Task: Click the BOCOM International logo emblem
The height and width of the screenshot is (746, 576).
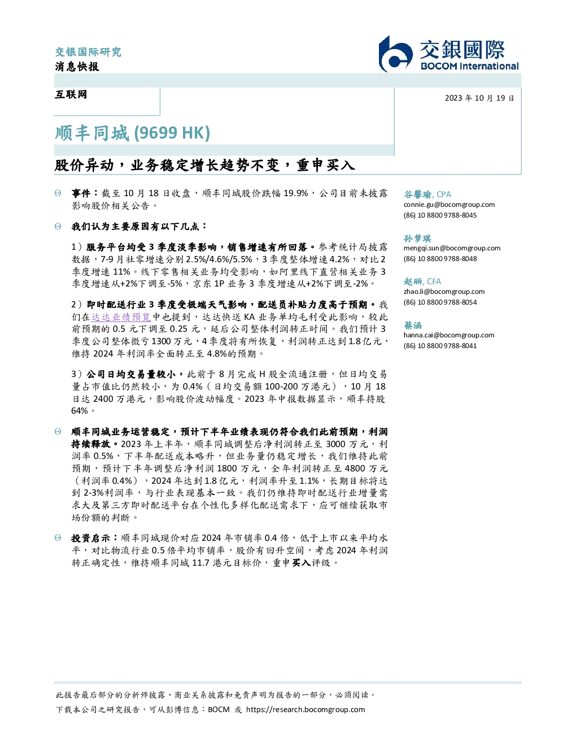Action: click(x=396, y=54)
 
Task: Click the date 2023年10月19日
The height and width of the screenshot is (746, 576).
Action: click(x=479, y=98)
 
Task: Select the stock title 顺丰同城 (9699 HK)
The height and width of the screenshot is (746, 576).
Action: click(x=132, y=133)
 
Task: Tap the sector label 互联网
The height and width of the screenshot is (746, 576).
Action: click(x=71, y=94)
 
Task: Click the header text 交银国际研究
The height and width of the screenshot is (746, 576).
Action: click(x=88, y=52)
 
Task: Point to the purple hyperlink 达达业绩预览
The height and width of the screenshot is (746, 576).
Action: click(x=121, y=317)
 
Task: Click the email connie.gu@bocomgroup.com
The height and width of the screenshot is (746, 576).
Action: click(x=449, y=205)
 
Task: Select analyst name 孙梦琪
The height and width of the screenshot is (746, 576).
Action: click(x=417, y=238)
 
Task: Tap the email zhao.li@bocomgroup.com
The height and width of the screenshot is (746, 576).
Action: click(x=444, y=292)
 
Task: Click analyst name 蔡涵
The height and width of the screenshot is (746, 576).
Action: click(x=413, y=325)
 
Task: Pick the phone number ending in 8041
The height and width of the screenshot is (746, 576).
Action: click(x=440, y=346)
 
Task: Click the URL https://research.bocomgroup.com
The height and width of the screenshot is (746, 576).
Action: click(x=306, y=710)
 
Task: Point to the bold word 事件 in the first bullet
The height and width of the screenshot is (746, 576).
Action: click(x=81, y=193)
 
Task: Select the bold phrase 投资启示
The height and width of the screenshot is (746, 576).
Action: click(x=90, y=538)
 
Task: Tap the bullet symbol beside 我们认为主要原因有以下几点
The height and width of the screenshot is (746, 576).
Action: click(x=58, y=226)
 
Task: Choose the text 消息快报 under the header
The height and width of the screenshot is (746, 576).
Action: click(x=77, y=66)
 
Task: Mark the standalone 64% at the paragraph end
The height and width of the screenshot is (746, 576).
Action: click(x=80, y=411)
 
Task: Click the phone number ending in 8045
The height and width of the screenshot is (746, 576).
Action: click(x=440, y=215)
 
